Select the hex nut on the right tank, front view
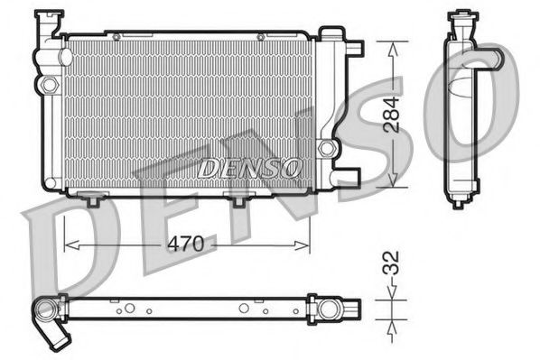click(x=326, y=147)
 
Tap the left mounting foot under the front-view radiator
click(x=92, y=199)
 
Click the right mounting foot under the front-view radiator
click(x=238, y=199)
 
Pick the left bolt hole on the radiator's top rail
click(x=115, y=36)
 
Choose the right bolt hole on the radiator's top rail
click(x=260, y=36)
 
